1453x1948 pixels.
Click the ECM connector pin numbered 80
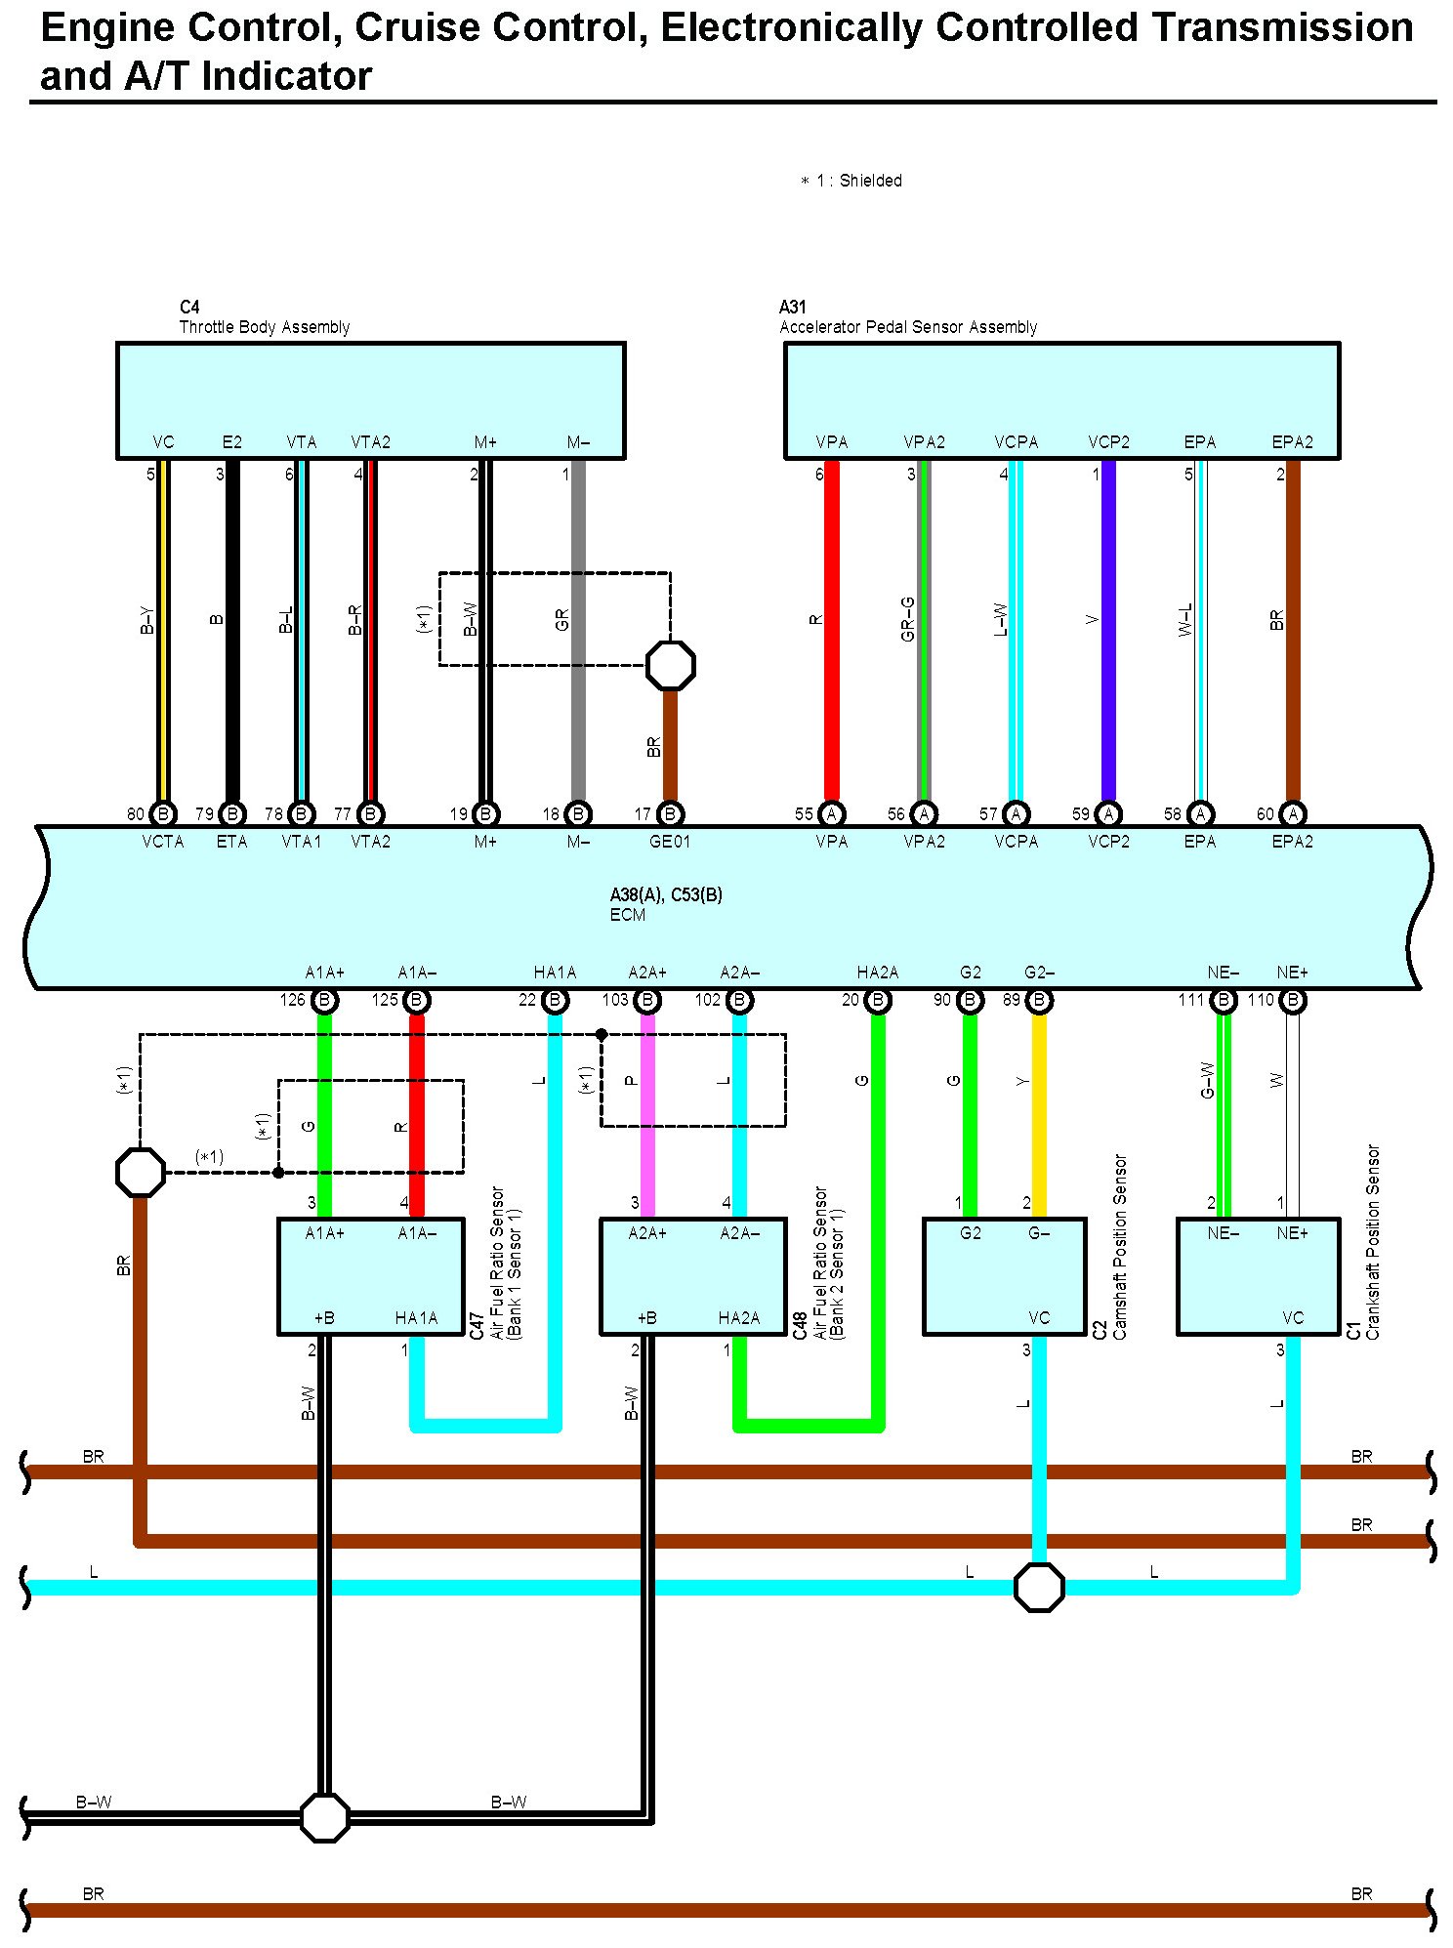click(x=163, y=813)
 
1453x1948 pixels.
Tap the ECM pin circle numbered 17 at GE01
click(x=670, y=813)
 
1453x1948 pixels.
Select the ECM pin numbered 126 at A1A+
click(x=324, y=1000)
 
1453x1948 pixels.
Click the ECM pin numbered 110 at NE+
click(x=1293, y=1000)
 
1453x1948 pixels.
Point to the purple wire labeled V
click(x=1108, y=631)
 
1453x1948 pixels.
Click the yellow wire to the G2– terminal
click(x=1039, y=1115)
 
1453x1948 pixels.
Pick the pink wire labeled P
click(x=646, y=1115)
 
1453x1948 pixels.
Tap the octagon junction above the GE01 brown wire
click(x=671, y=666)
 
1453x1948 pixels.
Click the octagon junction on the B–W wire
click(x=324, y=1817)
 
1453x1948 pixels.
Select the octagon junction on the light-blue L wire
click(x=1039, y=1587)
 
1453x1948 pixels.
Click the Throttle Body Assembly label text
click(x=265, y=327)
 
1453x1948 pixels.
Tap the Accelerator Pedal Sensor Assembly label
click(x=908, y=327)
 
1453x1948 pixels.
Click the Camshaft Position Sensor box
click(x=1004, y=1276)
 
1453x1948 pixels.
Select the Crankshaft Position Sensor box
click(x=1258, y=1276)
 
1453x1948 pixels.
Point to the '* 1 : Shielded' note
click(x=851, y=181)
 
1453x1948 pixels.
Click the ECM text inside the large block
click(x=628, y=915)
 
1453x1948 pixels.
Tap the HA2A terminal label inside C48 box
click(x=739, y=1318)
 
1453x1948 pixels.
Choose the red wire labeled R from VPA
click(x=832, y=631)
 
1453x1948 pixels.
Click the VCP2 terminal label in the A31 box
click(x=1108, y=442)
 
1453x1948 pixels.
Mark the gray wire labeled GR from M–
click(x=578, y=631)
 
